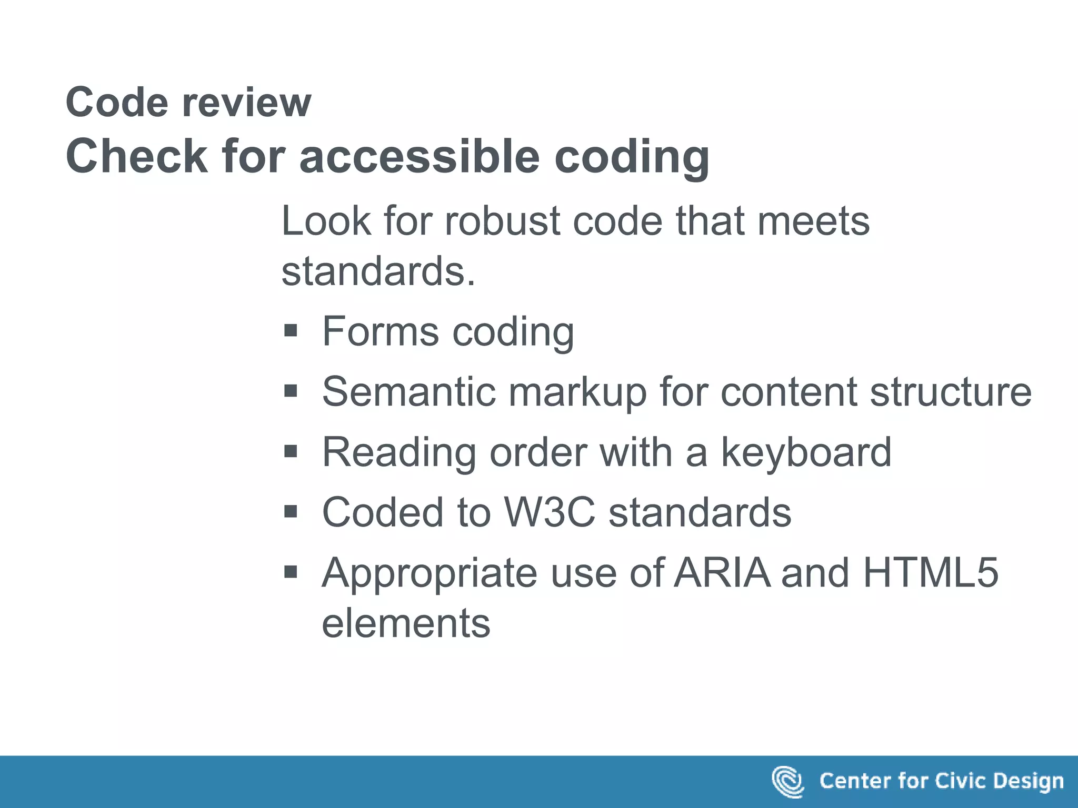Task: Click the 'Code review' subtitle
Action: click(x=188, y=102)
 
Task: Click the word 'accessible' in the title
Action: click(x=420, y=156)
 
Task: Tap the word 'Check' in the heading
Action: click(x=136, y=156)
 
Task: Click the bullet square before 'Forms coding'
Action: click(x=291, y=331)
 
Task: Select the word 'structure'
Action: click(x=951, y=391)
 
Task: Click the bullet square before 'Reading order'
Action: click(x=291, y=451)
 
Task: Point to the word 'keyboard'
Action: click(x=806, y=452)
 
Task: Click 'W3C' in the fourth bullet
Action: click(x=550, y=512)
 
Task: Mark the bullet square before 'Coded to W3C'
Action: click(x=291, y=511)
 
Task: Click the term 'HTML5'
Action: click(x=930, y=572)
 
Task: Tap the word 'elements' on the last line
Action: click(x=406, y=623)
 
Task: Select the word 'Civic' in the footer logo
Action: click(x=958, y=781)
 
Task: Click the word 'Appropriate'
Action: click(x=430, y=573)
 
